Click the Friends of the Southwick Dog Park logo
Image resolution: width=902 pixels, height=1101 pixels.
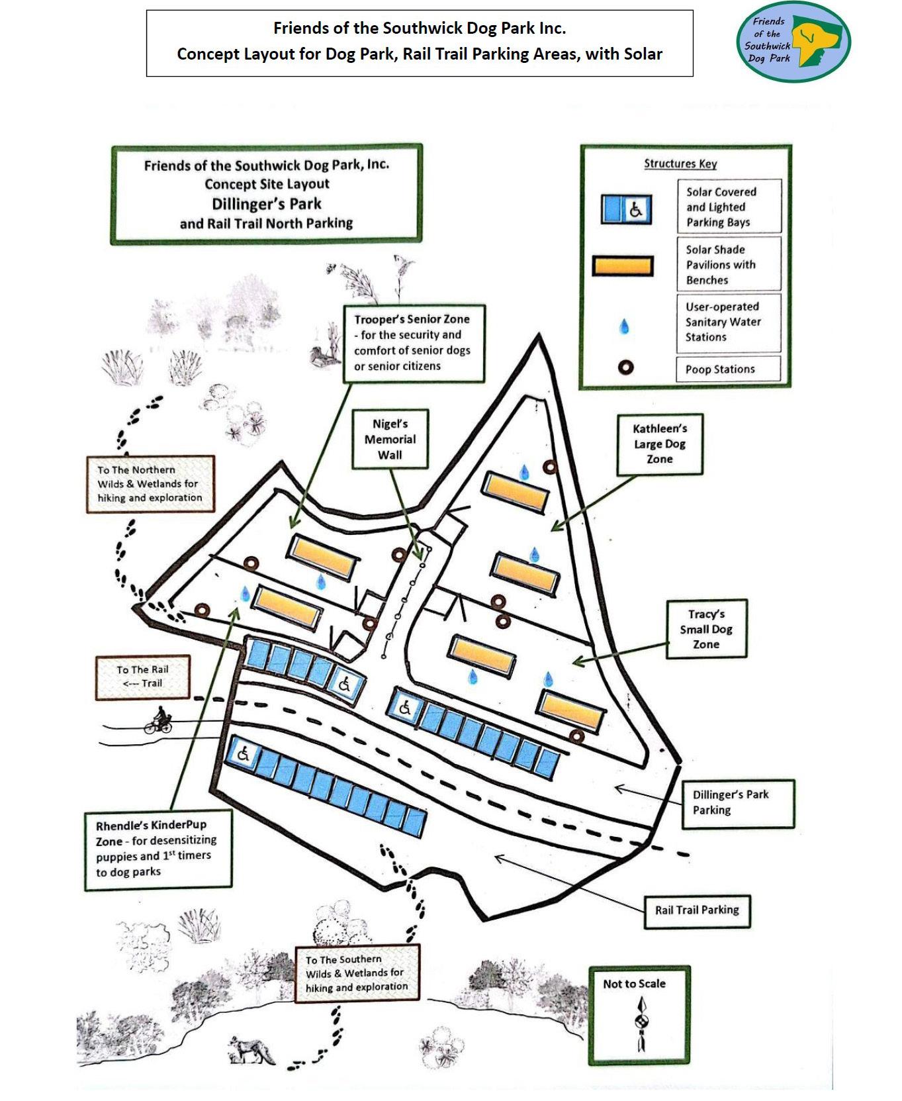tap(793, 42)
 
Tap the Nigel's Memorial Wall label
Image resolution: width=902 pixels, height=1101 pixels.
tap(390, 440)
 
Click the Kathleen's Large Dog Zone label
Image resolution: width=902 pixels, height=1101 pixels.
tap(659, 444)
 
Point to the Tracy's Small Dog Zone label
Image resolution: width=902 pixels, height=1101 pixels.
tap(706, 629)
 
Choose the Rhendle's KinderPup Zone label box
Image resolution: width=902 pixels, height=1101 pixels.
tap(158, 848)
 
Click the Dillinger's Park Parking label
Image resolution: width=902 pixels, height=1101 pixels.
tap(737, 802)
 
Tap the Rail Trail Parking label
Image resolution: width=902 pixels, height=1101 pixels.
tap(697, 910)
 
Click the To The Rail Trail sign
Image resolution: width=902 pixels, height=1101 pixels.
tap(143, 677)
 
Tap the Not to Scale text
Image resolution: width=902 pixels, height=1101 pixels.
tap(634, 984)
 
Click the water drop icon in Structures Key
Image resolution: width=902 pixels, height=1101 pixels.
tap(623, 326)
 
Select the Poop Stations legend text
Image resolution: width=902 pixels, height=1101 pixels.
tap(720, 369)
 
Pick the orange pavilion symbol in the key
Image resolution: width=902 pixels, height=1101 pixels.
tap(622, 266)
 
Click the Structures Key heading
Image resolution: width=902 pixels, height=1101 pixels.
tap(680, 164)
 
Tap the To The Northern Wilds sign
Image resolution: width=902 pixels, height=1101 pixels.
tap(150, 484)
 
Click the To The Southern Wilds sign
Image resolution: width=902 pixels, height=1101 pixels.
tap(356, 973)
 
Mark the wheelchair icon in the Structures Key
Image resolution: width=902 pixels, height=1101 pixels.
tap(636, 210)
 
